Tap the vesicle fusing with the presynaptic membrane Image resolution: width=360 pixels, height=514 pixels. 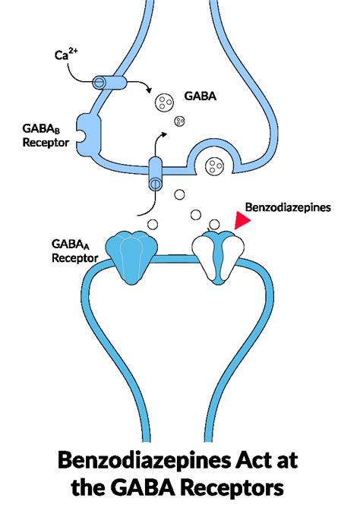coord(215,162)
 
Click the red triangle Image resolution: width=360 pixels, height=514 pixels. coord(242,220)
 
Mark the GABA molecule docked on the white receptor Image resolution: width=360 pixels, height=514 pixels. coord(214,223)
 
